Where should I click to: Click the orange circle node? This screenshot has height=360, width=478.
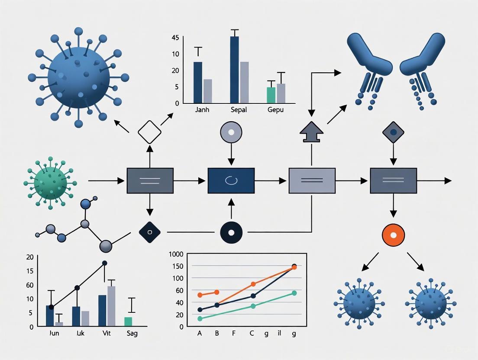[393, 235]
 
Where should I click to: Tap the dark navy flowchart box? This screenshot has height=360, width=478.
[231, 180]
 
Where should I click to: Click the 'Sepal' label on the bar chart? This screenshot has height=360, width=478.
[239, 110]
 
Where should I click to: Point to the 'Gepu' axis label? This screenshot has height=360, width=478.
[275, 110]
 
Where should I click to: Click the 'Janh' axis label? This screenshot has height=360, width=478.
[202, 110]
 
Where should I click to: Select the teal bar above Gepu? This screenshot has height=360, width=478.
[271, 95]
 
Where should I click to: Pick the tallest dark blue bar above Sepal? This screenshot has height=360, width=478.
[235, 70]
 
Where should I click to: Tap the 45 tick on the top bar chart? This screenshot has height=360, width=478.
[175, 38]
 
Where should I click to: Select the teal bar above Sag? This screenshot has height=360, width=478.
[128, 321]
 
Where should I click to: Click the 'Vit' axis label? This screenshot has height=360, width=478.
[106, 334]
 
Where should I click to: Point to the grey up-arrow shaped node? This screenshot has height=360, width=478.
[311, 132]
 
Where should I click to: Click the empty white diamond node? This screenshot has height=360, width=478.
[149, 132]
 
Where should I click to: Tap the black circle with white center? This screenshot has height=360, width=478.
[231, 232]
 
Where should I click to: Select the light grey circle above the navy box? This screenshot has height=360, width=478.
[231, 132]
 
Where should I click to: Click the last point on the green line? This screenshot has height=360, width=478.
[294, 293]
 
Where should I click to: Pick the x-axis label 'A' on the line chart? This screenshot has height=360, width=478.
[200, 334]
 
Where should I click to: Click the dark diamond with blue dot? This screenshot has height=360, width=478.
[393, 132]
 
